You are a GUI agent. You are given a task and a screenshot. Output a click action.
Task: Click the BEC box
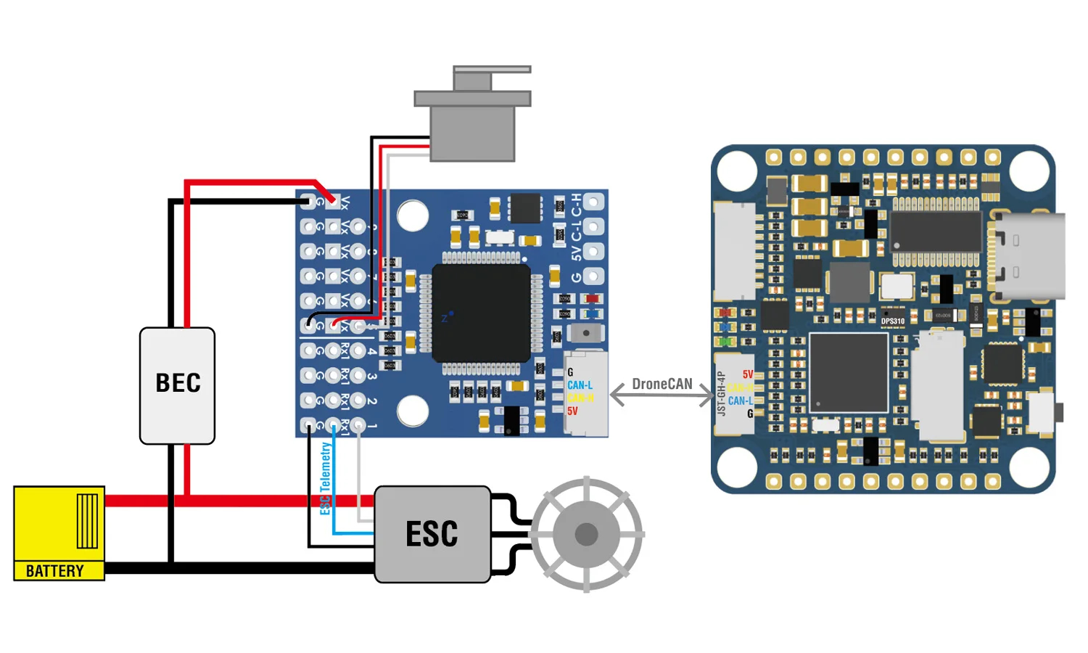coord(177,385)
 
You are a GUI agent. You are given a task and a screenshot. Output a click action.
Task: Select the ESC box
coord(432,534)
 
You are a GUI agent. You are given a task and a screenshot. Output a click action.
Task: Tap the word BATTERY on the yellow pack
coord(55,571)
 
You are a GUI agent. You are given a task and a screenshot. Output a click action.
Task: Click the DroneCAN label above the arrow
coord(662,384)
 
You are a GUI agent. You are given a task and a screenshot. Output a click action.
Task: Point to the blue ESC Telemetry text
coord(326,478)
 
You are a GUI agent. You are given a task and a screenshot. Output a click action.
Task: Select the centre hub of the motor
coord(586,535)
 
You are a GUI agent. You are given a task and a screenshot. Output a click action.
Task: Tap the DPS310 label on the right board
coord(893,321)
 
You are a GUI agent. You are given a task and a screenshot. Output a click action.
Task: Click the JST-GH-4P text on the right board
coord(721,393)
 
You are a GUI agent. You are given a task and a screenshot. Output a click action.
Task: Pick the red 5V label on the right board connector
coord(748,374)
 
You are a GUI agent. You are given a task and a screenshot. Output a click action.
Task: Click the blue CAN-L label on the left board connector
coord(580,385)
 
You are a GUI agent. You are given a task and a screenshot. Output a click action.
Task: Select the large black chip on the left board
coord(481,313)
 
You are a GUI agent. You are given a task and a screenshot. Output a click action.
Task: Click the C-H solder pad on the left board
coord(593,202)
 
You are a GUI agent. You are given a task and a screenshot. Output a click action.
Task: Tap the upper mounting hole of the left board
coord(413,215)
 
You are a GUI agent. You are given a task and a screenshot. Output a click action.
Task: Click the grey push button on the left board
coord(586,333)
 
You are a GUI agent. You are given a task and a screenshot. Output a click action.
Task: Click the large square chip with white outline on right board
coord(849,373)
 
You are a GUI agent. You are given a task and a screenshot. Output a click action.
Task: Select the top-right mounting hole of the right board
coord(1029,171)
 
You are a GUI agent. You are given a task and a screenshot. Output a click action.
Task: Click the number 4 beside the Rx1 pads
coord(371,351)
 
